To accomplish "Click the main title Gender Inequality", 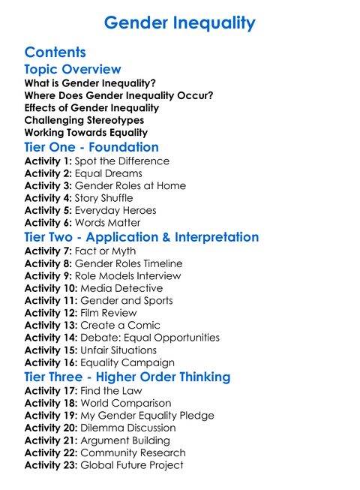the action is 179,23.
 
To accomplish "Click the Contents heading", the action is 55,53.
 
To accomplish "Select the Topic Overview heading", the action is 73,70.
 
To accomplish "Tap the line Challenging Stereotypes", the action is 84,120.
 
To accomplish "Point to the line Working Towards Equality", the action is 86,133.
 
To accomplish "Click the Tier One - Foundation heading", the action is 91,147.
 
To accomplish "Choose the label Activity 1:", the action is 48,161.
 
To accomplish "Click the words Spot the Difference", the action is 122,161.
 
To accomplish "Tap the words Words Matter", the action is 108,223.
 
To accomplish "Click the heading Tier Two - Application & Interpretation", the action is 142,238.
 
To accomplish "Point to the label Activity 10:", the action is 51,288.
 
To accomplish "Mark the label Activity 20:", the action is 51,428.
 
